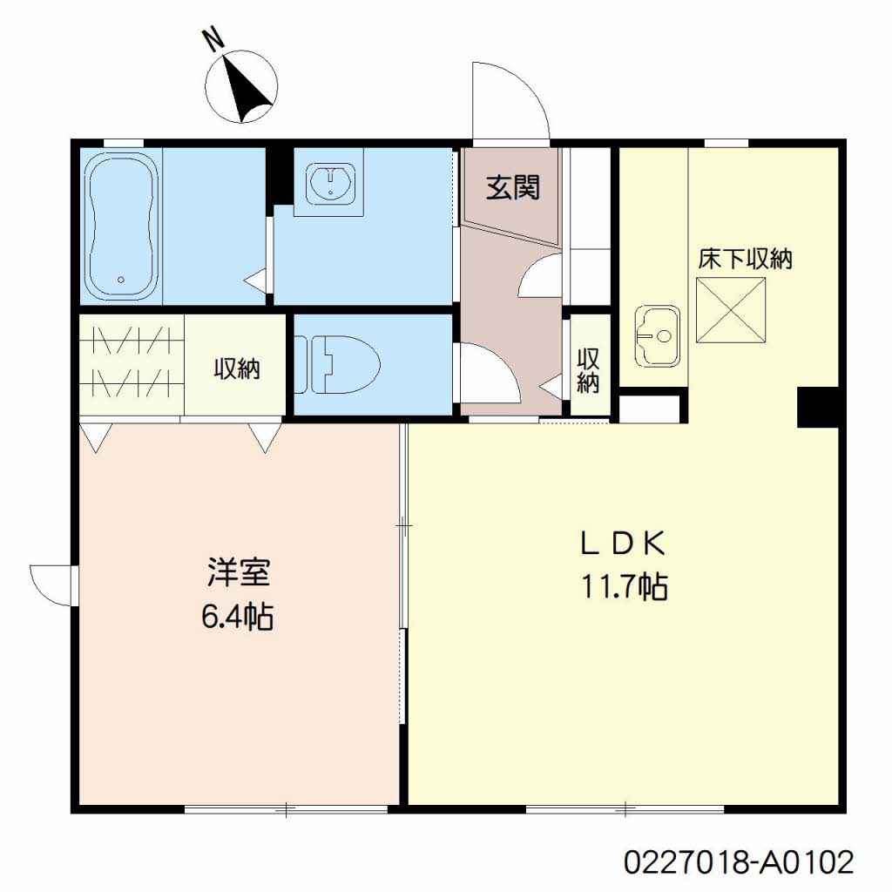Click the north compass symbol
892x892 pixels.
241,86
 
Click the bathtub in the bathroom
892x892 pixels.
122,226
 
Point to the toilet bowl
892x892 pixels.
337,363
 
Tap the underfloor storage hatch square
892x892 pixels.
731,310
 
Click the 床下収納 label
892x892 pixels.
746,260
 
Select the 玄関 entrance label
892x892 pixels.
512,187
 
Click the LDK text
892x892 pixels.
623,544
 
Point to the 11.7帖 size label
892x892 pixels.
624,586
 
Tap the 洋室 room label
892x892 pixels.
239,572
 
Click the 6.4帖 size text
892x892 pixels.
238,617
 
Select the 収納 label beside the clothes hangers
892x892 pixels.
237,368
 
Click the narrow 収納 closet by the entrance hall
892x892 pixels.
588,370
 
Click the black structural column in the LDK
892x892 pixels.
818,407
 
